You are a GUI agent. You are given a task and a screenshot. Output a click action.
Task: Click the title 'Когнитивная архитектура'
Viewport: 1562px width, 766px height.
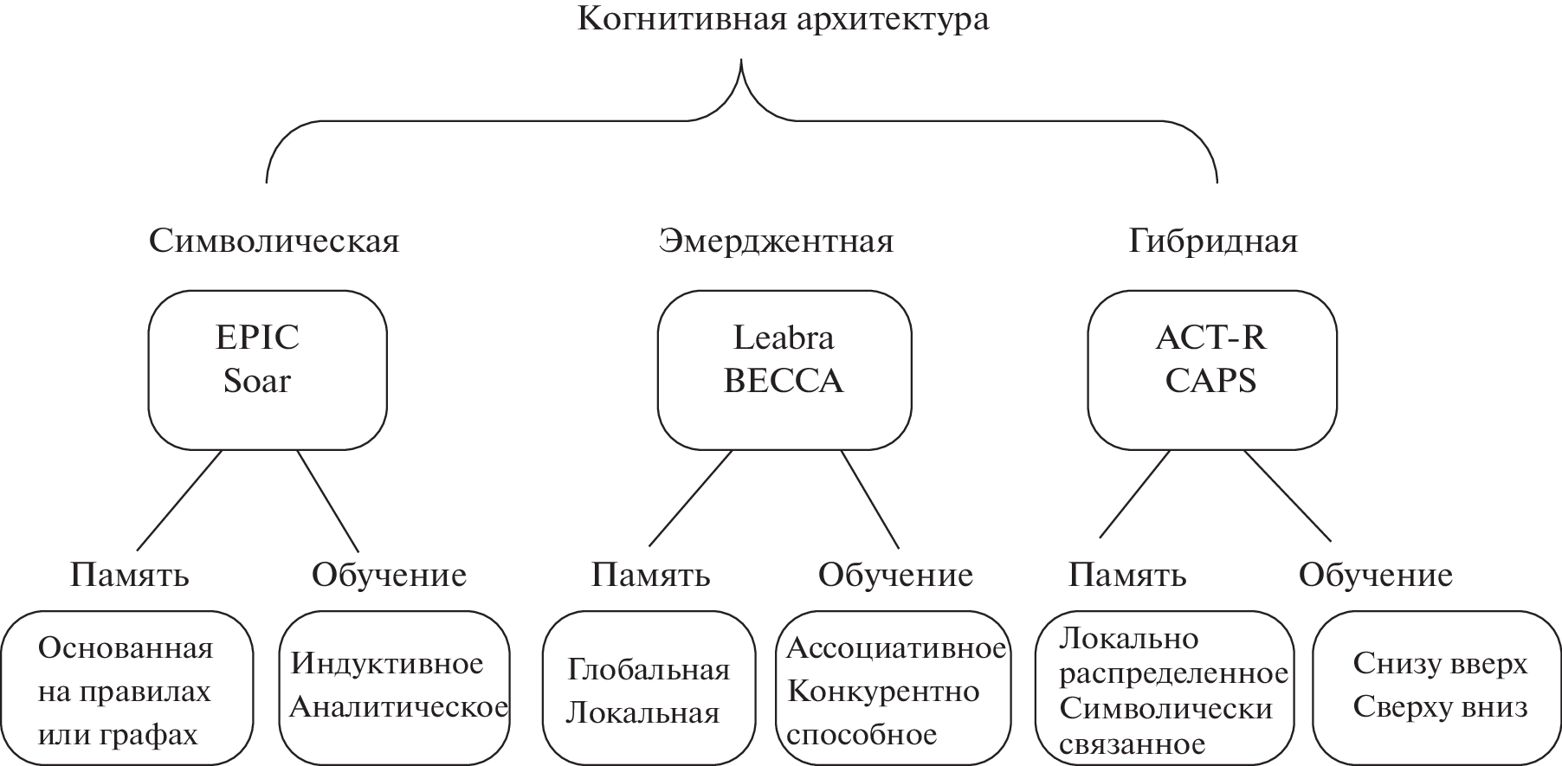(x=782, y=20)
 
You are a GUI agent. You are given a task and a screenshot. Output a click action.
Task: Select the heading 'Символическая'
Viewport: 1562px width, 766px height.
(x=274, y=241)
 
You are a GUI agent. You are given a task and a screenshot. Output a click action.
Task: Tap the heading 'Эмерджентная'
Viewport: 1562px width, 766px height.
(x=775, y=241)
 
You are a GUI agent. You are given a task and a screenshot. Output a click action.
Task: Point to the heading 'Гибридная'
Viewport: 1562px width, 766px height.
(x=1213, y=241)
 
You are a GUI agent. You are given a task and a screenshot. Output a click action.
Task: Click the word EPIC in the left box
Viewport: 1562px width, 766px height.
(x=257, y=338)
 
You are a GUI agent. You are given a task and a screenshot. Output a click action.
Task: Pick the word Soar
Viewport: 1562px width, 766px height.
(x=257, y=381)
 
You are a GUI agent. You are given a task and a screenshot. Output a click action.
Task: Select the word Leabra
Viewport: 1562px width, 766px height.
(x=784, y=338)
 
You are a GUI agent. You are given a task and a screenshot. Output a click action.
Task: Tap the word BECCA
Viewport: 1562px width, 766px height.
(x=784, y=381)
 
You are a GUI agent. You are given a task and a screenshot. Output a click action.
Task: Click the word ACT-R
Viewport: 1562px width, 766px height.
(x=1210, y=338)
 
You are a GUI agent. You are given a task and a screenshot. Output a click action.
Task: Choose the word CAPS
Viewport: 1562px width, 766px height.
(x=1210, y=381)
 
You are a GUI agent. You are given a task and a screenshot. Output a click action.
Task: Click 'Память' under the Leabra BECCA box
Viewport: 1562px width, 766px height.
(x=650, y=575)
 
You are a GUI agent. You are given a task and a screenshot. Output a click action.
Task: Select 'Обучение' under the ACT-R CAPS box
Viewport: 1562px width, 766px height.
(x=1375, y=575)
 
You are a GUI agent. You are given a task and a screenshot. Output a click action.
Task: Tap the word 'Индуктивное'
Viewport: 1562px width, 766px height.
(x=387, y=664)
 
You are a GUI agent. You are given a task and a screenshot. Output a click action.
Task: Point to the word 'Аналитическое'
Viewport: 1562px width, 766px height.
(x=398, y=707)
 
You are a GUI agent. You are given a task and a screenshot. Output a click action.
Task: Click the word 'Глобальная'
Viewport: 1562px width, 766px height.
(x=649, y=669)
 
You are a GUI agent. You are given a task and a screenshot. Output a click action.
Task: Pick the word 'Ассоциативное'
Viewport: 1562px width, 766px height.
(x=896, y=648)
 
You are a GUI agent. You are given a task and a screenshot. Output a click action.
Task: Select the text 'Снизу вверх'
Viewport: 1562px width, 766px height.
(x=1440, y=664)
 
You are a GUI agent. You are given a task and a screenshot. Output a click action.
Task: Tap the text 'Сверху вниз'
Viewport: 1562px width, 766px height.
(x=1440, y=707)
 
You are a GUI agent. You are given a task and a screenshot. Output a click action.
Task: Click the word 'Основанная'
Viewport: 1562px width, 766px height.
(x=126, y=648)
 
